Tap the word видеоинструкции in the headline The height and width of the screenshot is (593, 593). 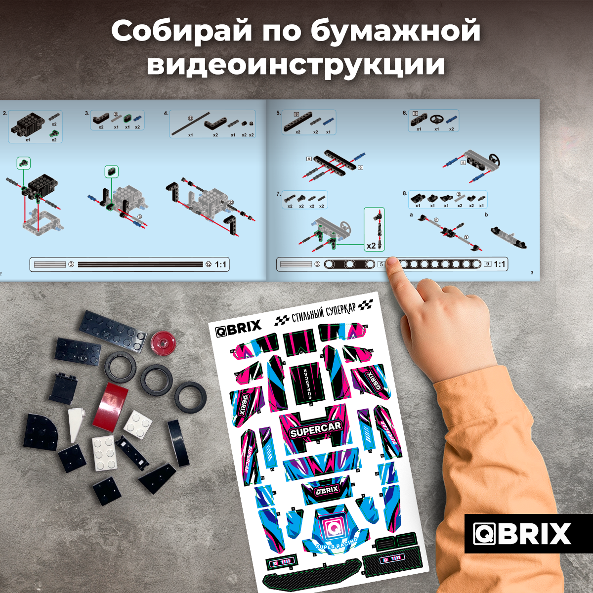(296, 65)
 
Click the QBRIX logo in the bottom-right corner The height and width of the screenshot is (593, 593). (523, 534)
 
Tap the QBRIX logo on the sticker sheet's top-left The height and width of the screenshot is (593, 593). (238, 328)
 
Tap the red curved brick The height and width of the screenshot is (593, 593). (111, 406)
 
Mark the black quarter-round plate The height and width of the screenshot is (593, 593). (42, 431)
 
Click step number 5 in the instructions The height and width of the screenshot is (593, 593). (278, 113)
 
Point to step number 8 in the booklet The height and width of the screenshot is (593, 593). (405, 193)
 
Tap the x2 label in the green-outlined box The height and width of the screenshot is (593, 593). (371, 246)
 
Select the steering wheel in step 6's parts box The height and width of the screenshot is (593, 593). (436, 120)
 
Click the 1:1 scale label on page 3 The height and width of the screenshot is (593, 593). (500, 264)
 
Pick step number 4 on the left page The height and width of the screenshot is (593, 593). (166, 113)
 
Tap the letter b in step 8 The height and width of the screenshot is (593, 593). (486, 214)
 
